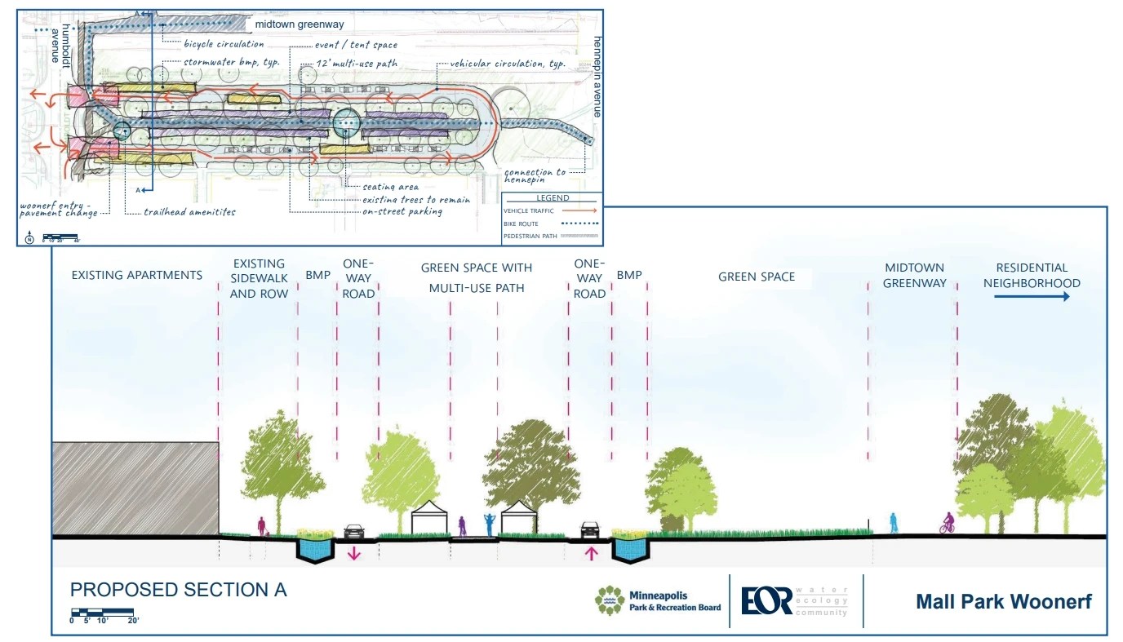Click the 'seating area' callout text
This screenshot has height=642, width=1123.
391,187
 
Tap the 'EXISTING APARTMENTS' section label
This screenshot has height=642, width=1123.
136,275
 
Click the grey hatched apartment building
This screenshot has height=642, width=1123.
135,488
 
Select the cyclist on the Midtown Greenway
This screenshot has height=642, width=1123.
948,523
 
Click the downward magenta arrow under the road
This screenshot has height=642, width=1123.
354,554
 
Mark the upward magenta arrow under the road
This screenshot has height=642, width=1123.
591,554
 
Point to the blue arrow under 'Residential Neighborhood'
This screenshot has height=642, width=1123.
1031,297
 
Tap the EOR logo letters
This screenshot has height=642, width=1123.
766,601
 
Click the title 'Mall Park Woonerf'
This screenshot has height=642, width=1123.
1003,603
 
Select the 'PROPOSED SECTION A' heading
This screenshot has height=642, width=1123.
178,590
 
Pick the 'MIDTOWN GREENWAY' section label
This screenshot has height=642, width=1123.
914,276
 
